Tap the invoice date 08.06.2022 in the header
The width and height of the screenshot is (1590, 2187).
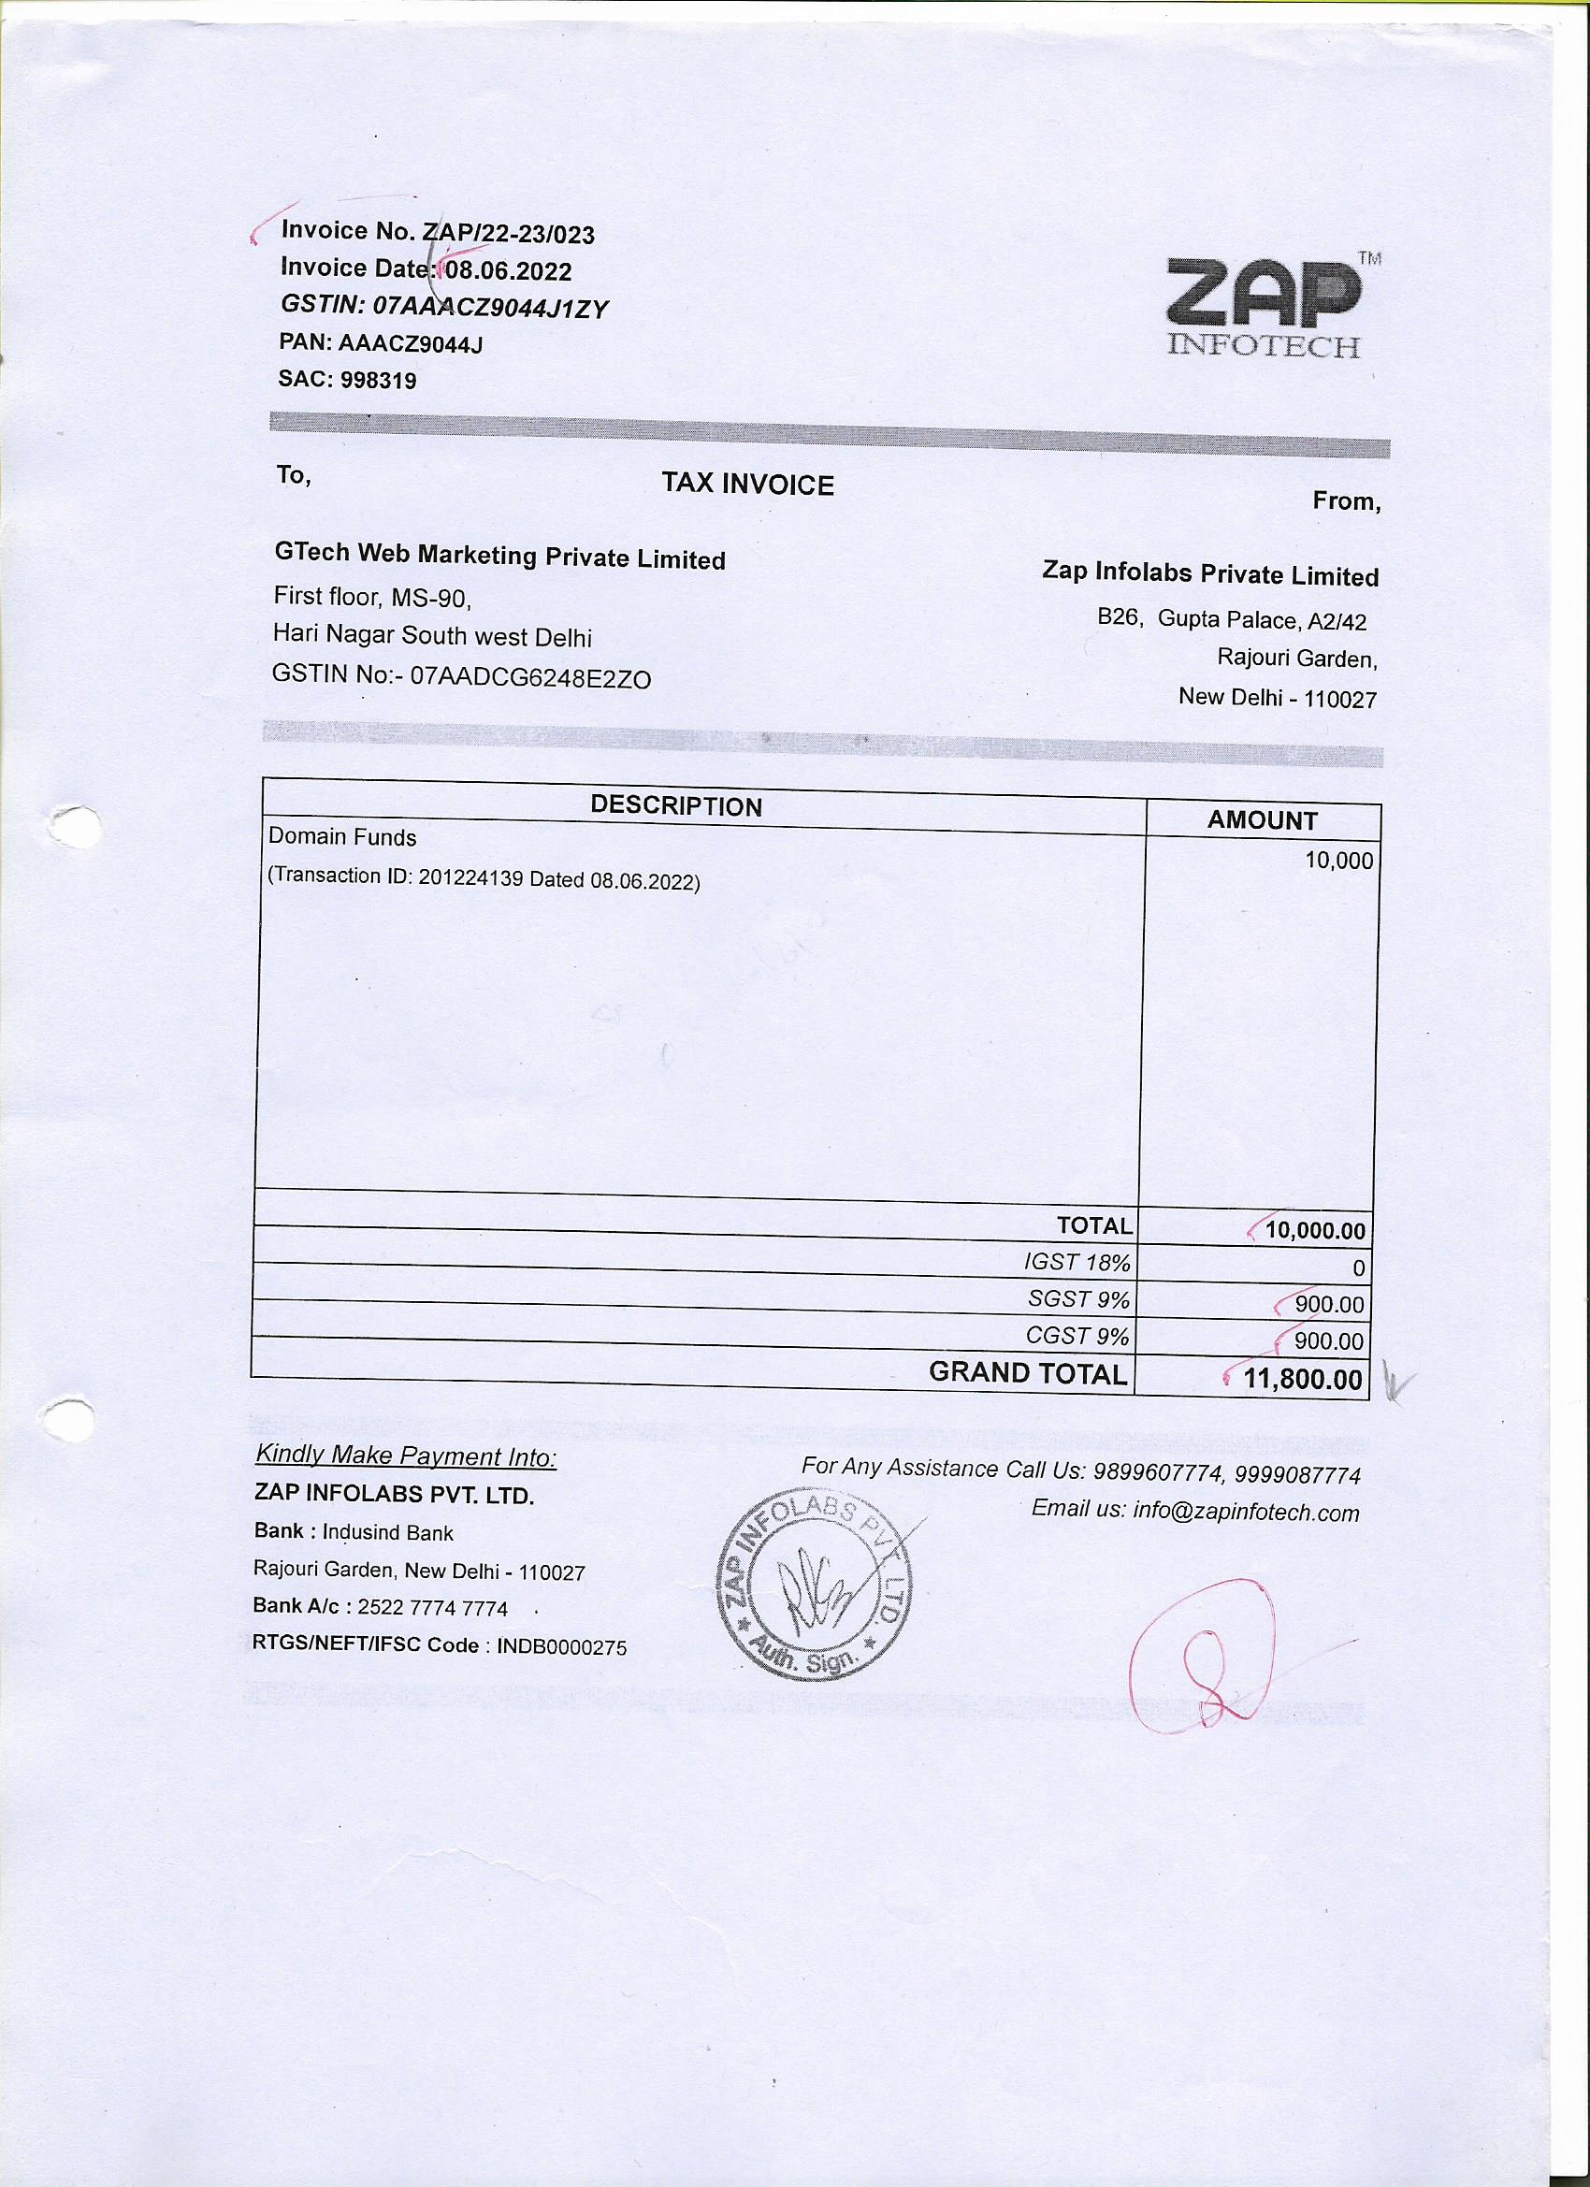(508, 272)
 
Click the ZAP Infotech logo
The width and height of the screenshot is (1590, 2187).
(1265, 307)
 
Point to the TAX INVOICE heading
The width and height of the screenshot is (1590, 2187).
(747, 484)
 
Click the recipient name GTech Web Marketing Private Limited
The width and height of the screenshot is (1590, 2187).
(499, 557)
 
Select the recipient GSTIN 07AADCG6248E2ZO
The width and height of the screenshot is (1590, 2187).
(530, 679)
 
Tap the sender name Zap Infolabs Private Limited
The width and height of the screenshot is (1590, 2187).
(1210, 575)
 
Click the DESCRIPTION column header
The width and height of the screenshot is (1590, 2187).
(676, 806)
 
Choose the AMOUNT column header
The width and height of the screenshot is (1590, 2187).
(1261, 820)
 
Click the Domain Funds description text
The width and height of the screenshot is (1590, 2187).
(342, 837)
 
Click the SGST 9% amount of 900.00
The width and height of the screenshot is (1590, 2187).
(1329, 1305)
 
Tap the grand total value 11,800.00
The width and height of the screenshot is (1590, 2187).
(1302, 1379)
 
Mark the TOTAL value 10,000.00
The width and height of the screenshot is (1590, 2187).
(1314, 1231)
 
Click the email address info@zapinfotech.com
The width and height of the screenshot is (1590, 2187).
(1245, 1511)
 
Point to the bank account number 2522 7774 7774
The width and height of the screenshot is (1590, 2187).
(432, 1607)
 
